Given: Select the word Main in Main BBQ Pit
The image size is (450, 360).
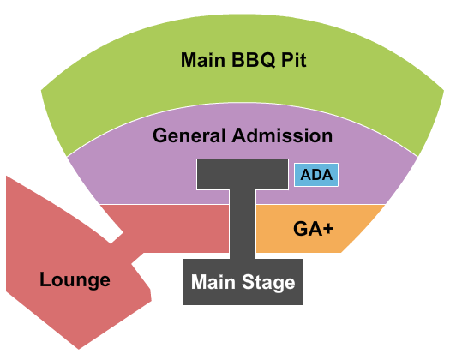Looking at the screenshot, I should point(203,61).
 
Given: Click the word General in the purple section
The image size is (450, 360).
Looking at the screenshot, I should point(189,135).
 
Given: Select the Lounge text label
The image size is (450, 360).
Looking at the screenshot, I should point(75,279).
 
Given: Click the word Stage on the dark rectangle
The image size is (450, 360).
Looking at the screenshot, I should point(267,282).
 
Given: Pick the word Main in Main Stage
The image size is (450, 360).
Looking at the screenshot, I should point(214,282).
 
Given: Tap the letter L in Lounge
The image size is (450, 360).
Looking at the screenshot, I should point(45,279).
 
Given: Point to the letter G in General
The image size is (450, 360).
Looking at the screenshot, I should point(160,135).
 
